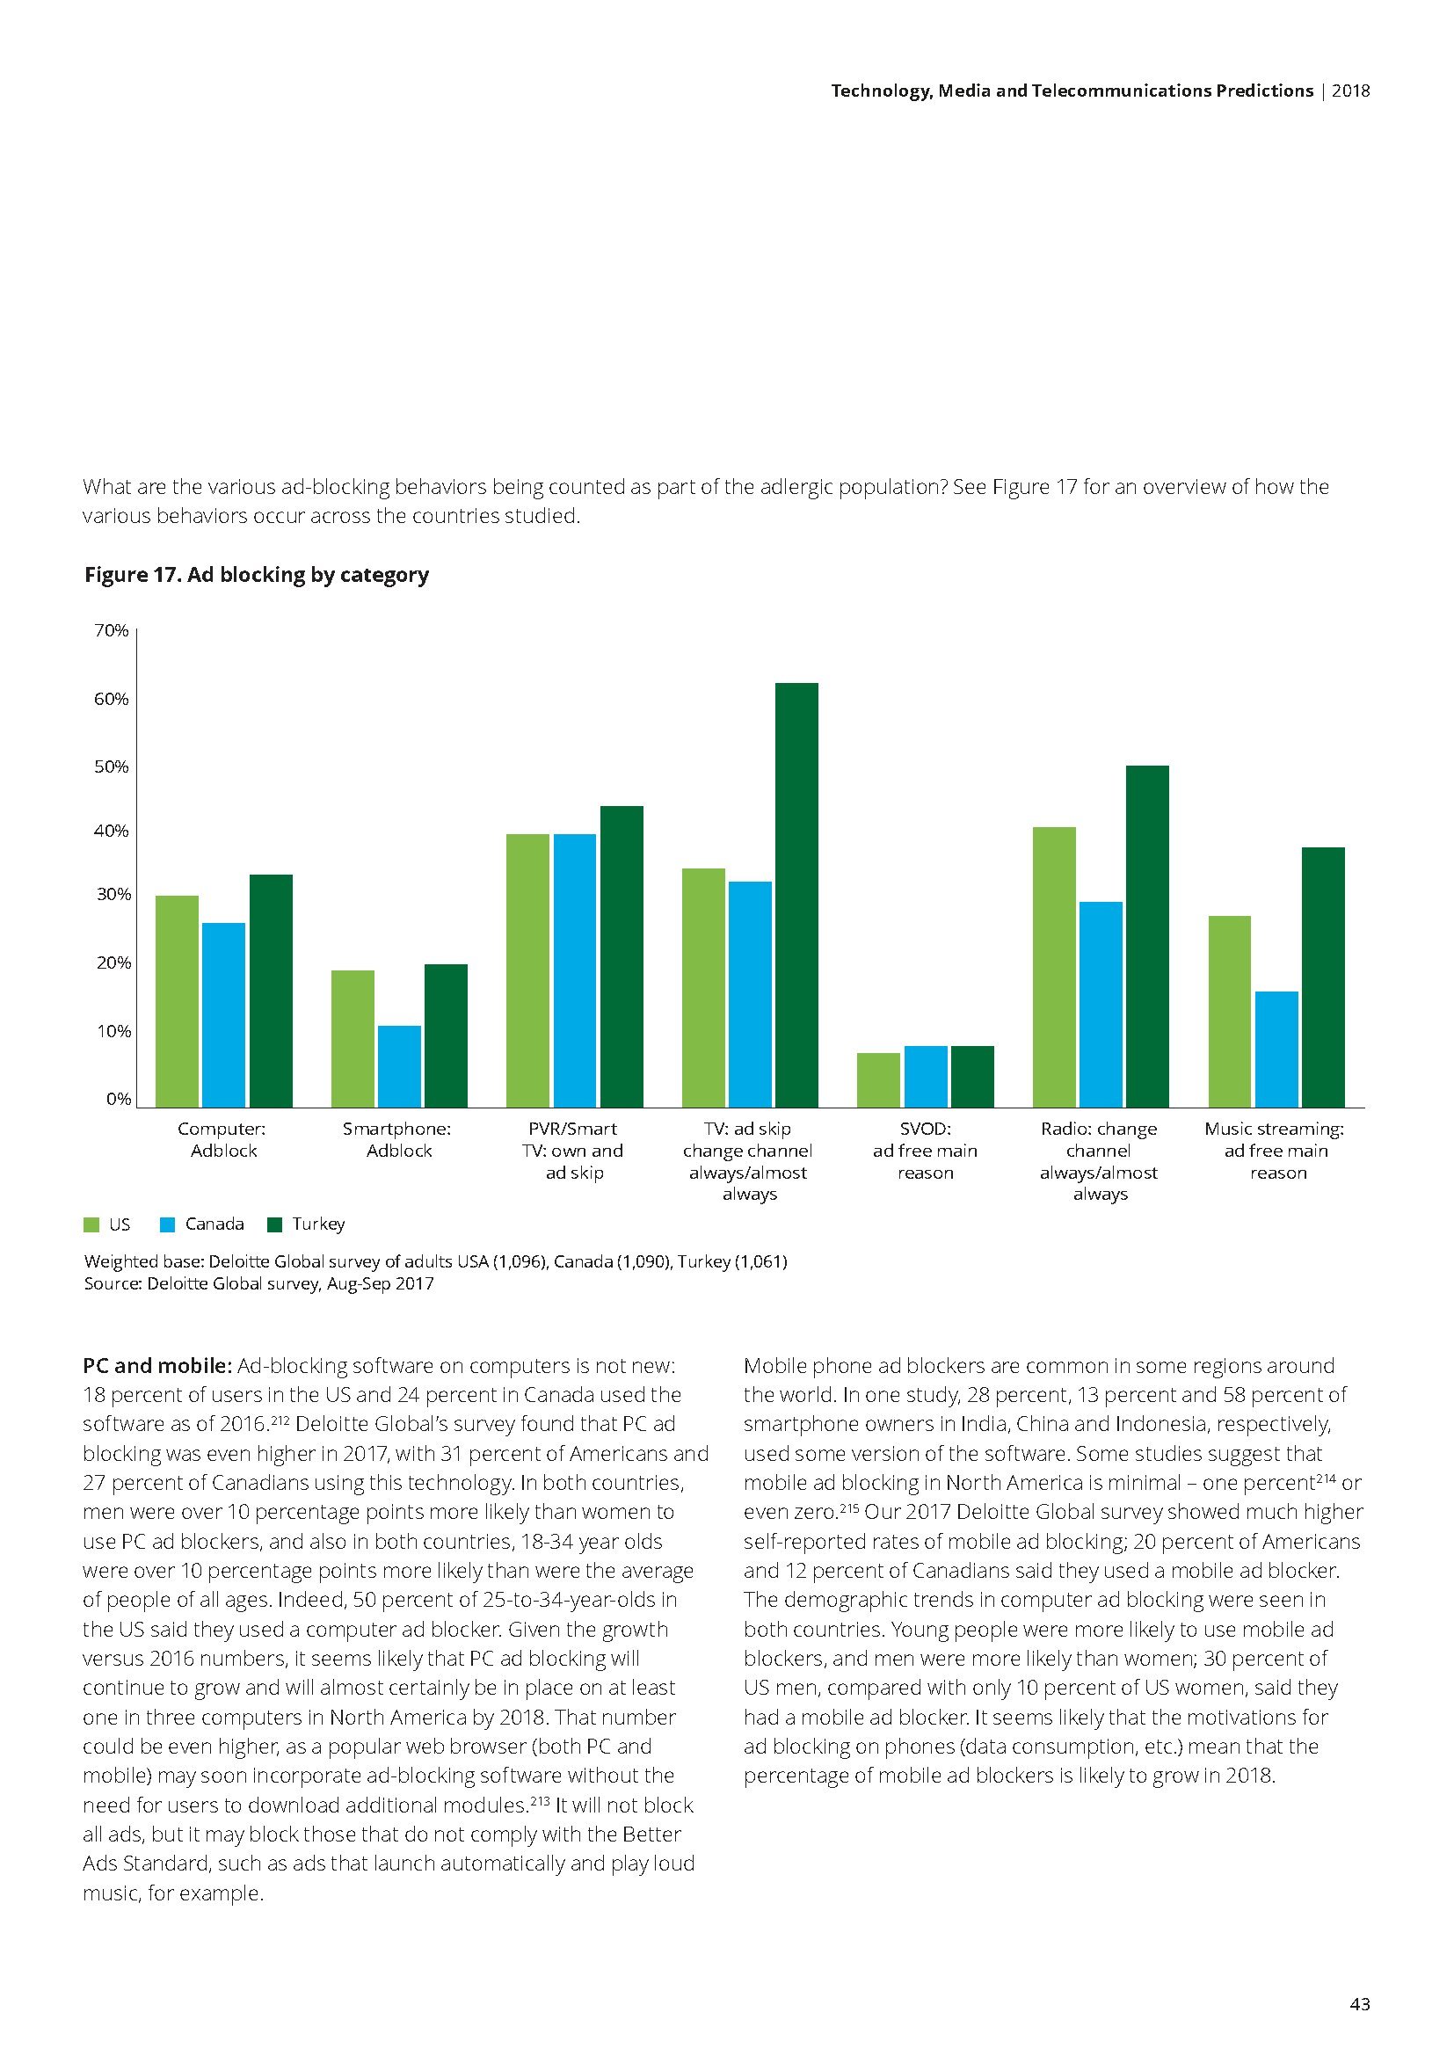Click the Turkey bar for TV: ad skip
click(x=796, y=895)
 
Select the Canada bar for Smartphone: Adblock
click(x=399, y=1065)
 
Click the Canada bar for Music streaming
click(x=1276, y=1049)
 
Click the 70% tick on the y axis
click(x=112, y=630)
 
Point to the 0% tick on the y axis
click(x=118, y=1099)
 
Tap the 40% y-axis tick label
click(x=112, y=831)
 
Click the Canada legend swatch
click(x=166, y=1224)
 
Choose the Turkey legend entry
click(x=307, y=1224)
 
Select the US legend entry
click(x=107, y=1224)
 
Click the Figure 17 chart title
click(x=256, y=575)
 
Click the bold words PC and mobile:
click(x=157, y=1366)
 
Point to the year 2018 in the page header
click(x=1351, y=91)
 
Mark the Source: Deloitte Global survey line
click(x=258, y=1283)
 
